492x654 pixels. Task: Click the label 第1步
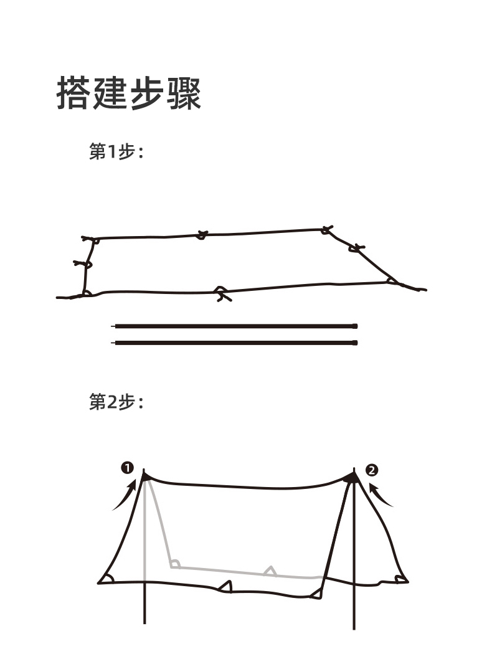(x=116, y=151)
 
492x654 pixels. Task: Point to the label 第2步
(x=116, y=402)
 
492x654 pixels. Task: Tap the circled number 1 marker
(x=127, y=468)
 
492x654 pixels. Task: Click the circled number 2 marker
(x=372, y=470)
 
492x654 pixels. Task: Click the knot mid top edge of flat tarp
(x=201, y=235)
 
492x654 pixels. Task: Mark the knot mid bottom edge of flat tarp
(x=221, y=293)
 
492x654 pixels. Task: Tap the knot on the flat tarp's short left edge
(x=83, y=264)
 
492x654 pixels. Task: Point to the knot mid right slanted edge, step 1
(x=356, y=248)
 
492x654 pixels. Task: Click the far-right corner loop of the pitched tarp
(x=401, y=579)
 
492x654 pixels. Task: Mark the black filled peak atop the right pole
(x=352, y=478)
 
